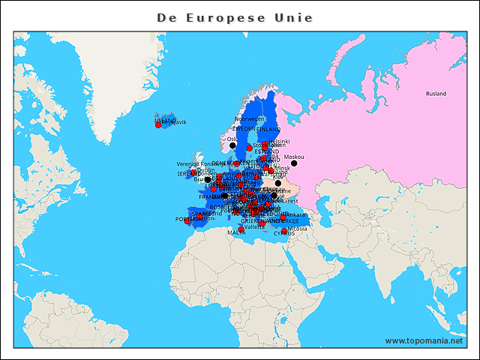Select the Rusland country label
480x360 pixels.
click(436, 94)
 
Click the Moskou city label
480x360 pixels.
click(294, 157)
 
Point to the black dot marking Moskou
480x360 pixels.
click(294, 163)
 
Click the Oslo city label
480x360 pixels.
click(232, 139)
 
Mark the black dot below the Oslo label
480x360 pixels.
click(232, 145)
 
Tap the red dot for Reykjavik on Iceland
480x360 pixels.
click(158, 125)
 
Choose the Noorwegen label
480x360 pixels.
click(250, 118)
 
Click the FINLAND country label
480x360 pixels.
click(268, 129)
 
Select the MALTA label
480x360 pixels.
click(236, 233)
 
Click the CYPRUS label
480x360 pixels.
click(283, 233)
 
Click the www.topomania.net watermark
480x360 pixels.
click(425, 341)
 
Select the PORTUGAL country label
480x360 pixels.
click(187, 220)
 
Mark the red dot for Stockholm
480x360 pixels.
click(250, 148)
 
